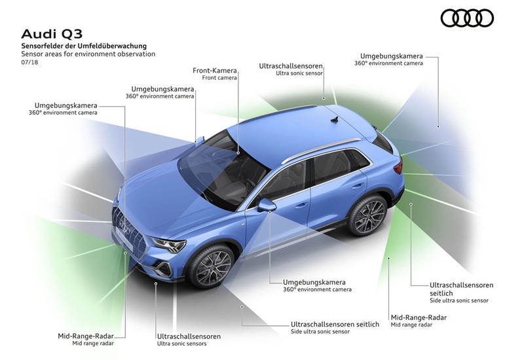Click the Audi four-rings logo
pos(467,18)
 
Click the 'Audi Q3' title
pos(52,34)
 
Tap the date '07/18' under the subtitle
pos(29,62)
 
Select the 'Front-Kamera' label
pos(215,71)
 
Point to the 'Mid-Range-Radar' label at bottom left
pos(86,336)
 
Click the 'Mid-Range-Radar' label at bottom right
pos(419,317)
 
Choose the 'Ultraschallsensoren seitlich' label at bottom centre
pos(335,324)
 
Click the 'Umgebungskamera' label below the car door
pos(314,282)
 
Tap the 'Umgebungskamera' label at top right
pos(391,56)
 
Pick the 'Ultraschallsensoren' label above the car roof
pos(291,66)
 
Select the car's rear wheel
pos(367,215)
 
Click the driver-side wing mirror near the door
pos(267,206)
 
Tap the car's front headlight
pos(168,245)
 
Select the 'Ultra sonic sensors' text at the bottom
pos(182,344)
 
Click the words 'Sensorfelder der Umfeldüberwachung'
pos(84,46)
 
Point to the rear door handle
pos(358,186)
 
